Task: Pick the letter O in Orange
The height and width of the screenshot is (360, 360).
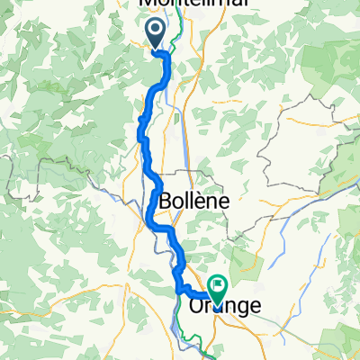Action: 200,307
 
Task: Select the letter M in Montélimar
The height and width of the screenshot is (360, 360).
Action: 148,4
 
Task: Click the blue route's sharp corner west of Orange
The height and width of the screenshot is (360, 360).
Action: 177,290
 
